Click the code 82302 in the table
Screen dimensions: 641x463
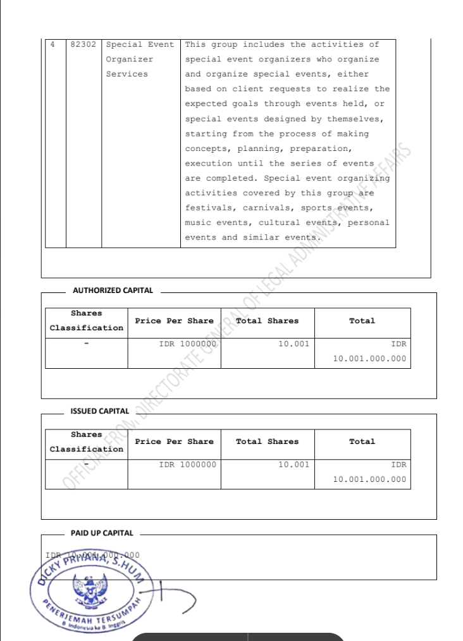83,45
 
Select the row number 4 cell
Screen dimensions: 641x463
52,45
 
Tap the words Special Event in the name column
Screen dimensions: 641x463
140,45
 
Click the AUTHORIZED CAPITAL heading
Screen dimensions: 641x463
113,291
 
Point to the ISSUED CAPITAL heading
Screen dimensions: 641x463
99,411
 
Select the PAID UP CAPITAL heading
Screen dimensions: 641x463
102,533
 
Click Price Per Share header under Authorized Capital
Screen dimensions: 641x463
174,321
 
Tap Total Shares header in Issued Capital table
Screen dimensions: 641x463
267,441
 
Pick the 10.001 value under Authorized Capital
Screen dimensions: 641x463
294,344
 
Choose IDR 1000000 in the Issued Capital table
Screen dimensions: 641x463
187,464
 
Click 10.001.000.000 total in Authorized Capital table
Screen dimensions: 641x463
370,359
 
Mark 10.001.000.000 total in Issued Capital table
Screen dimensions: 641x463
370,479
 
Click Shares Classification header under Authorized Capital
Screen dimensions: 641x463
87,321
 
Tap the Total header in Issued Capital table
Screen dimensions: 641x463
362,441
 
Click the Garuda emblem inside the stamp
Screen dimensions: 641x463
96,590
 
